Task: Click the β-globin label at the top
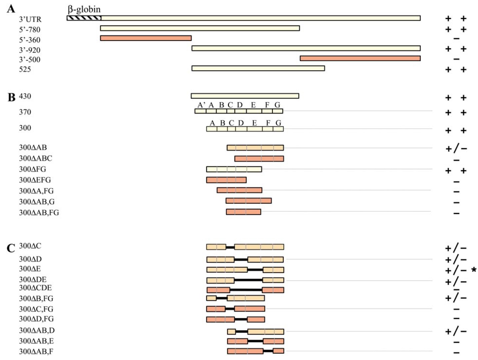point(84,9)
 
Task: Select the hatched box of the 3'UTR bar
point(84,18)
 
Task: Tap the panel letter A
point(11,9)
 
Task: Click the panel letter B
point(11,97)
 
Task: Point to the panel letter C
point(11,248)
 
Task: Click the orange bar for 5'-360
point(146,38)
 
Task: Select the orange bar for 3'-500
point(360,58)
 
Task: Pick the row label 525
point(25,69)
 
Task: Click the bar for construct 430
point(245,96)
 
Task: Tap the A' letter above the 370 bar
point(201,105)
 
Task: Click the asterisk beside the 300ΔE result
point(474,270)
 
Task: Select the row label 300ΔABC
point(35,158)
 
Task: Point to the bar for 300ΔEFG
point(226,180)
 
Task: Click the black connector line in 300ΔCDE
point(246,290)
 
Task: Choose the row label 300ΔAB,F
point(36,351)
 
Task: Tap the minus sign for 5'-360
point(456,39)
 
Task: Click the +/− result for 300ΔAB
point(456,148)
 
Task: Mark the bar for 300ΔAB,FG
point(243,212)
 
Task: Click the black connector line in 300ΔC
point(230,247)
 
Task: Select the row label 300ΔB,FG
point(36,298)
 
